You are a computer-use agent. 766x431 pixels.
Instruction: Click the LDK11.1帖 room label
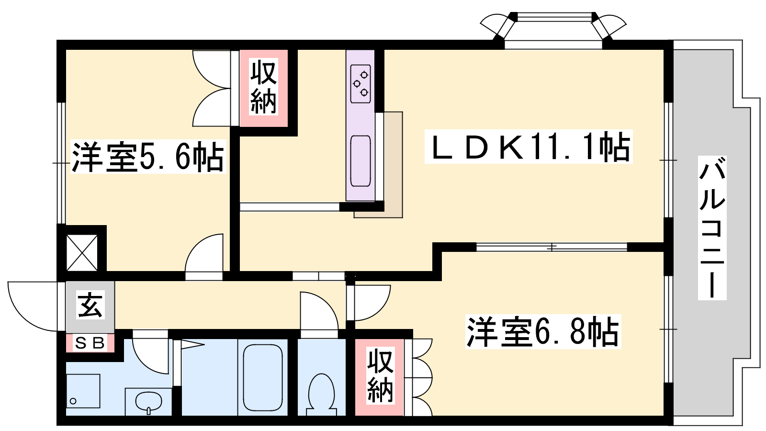(529, 147)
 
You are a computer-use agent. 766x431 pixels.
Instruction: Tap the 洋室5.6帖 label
(148, 156)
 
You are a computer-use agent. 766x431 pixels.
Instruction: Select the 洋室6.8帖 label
(543, 331)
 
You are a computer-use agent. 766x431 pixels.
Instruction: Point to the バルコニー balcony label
(712, 228)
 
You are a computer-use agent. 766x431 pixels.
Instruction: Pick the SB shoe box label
(90, 343)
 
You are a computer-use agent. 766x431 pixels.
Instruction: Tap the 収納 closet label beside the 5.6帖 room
(263, 87)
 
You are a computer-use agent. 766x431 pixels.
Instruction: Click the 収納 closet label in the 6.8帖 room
(380, 375)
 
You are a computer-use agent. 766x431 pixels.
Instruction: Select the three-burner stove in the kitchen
(360, 84)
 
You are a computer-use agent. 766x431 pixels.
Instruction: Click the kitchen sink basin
(360, 161)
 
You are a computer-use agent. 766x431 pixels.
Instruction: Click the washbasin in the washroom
(148, 402)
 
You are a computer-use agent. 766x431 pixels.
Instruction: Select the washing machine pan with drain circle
(83, 391)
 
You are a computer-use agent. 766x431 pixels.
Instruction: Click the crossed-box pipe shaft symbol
(82, 253)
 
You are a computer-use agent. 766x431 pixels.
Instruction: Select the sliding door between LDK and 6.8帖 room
(552, 247)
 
